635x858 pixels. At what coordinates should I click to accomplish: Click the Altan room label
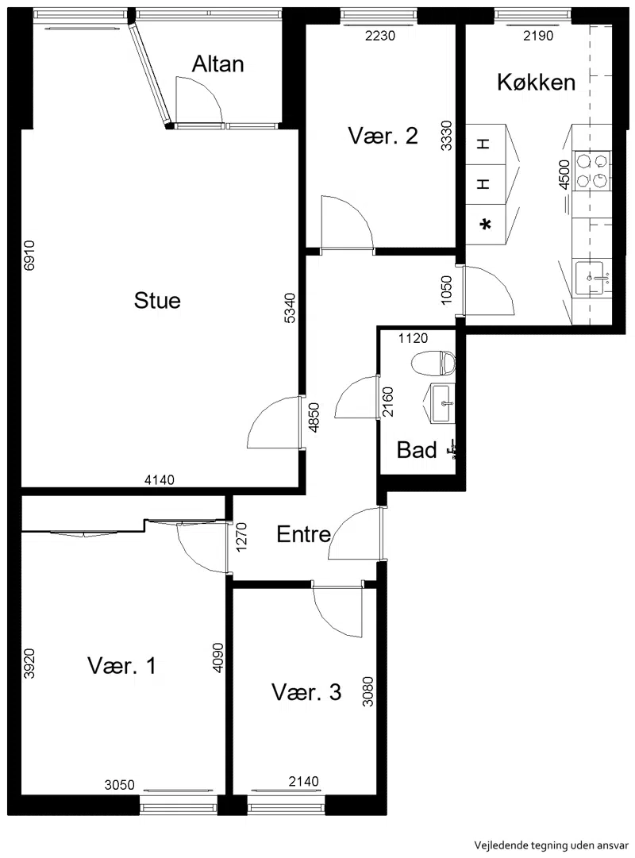click(x=217, y=64)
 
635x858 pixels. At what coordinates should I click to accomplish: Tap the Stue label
click(x=157, y=300)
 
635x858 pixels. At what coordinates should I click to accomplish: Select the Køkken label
click(x=536, y=82)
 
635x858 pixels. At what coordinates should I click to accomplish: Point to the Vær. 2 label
click(x=383, y=136)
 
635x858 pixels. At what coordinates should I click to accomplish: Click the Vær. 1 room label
click(x=121, y=666)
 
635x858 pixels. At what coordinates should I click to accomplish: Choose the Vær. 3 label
click(x=306, y=692)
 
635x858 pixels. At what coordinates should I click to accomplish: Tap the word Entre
click(x=303, y=534)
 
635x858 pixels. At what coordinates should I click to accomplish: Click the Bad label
click(x=417, y=450)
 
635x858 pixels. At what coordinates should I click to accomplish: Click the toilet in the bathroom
click(x=433, y=364)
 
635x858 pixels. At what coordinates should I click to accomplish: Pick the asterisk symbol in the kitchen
click(x=485, y=225)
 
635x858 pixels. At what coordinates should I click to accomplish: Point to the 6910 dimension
click(x=29, y=256)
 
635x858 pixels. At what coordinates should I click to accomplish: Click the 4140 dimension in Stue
click(x=160, y=480)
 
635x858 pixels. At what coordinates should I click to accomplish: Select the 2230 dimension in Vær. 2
click(x=380, y=36)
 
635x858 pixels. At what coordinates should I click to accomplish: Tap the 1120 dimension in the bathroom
click(x=413, y=338)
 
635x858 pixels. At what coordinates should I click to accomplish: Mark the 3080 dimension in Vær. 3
click(x=368, y=691)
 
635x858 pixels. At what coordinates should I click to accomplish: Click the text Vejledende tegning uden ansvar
click(x=551, y=845)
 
